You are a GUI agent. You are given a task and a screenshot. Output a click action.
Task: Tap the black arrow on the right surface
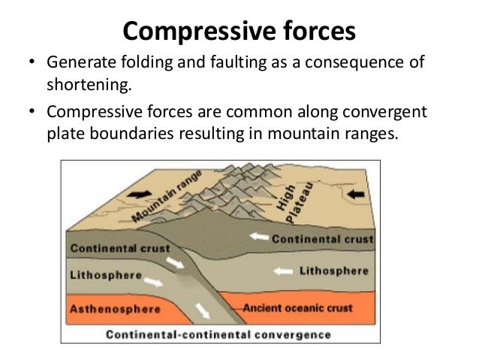click(356, 193)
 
